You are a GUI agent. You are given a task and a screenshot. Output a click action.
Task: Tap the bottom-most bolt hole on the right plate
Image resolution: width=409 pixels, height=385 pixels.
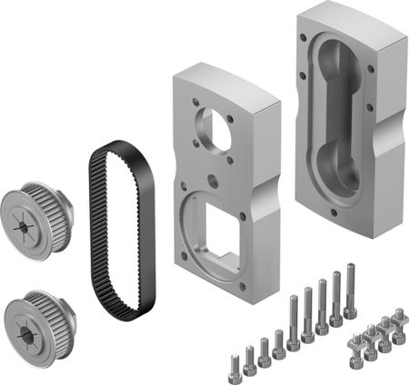pyautogui.click(x=339, y=216)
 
